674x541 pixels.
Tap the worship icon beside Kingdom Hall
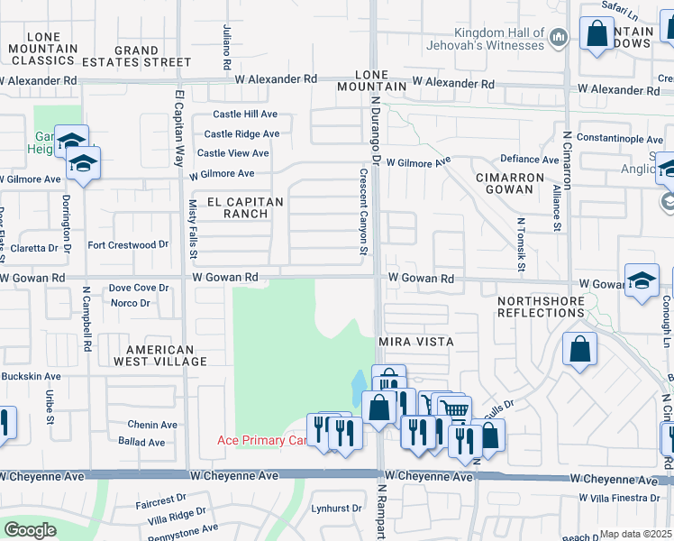(x=559, y=37)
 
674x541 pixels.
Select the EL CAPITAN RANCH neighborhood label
(x=233, y=207)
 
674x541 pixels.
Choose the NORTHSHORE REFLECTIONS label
(x=542, y=305)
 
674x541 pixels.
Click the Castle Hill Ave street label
(x=245, y=115)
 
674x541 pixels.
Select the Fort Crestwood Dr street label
(x=128, y=244)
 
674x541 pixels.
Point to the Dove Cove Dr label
(x=139, y=288)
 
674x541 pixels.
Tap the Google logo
(x=30, y=529)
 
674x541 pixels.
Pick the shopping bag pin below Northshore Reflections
(x=580, y=348)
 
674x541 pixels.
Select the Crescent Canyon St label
(x=364, y=212)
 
